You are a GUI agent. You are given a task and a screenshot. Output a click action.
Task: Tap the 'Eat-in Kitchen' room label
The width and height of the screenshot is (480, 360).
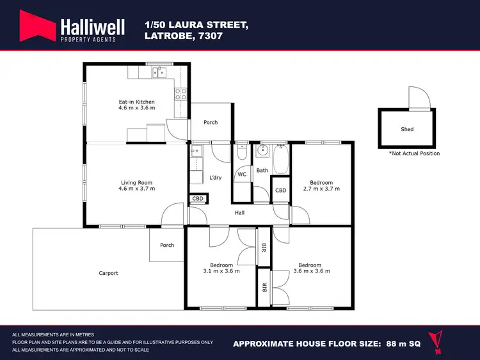[x=136, y=102]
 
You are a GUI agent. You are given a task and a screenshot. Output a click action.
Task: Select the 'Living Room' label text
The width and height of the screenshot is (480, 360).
[x=136, y=182]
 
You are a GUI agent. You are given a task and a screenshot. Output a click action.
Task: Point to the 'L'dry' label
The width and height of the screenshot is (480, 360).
[x=215, y=177]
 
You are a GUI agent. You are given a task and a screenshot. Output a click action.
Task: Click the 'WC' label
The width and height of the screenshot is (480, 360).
[x=242, y=174]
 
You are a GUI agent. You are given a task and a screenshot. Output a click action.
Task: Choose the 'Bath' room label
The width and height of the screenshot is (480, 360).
[x=262, y=170]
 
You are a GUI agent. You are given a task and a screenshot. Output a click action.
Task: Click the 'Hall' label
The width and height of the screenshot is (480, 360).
[x=240, y=213]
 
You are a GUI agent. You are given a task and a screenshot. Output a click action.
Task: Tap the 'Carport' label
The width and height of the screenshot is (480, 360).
[x=108, y=273]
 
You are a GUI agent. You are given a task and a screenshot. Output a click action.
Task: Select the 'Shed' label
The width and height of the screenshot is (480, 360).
[x=407, y=129]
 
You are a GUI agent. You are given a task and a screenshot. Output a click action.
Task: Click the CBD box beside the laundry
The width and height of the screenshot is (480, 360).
[x=198, y=199]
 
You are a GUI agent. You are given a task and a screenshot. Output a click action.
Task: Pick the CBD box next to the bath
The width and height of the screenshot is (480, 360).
[x=280, y=191]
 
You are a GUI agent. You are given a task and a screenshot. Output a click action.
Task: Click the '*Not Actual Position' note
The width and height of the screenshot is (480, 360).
[x=414, y=153]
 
